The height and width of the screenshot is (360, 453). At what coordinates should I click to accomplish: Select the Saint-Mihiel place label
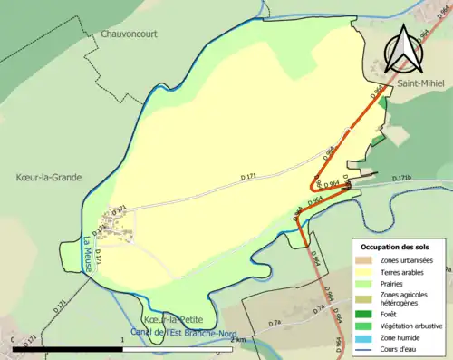coord(419,82)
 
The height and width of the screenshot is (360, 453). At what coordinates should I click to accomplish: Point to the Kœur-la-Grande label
coord(48,177)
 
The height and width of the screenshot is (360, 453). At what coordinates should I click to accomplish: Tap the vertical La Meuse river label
coord(88,253)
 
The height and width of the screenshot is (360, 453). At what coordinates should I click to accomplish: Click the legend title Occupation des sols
coord(397,246)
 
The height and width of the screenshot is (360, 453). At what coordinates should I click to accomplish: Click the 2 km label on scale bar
coord(237,339)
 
